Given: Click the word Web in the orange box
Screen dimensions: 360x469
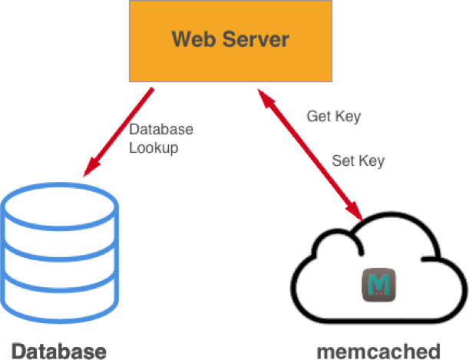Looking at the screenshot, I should pos(191,38).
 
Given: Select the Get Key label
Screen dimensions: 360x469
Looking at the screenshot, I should pos(333,117).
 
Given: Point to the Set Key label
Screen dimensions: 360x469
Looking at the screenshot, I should pos(358,161).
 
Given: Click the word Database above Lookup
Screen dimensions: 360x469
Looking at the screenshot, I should pos(161,130).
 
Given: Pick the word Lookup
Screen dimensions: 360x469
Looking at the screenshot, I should pos(154,148).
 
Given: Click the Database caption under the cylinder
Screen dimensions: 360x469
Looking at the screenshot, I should pos(58,352).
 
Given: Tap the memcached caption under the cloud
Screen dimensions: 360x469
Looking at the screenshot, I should pos(378,352).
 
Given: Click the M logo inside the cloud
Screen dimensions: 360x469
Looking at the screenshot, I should pos(378,285).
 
